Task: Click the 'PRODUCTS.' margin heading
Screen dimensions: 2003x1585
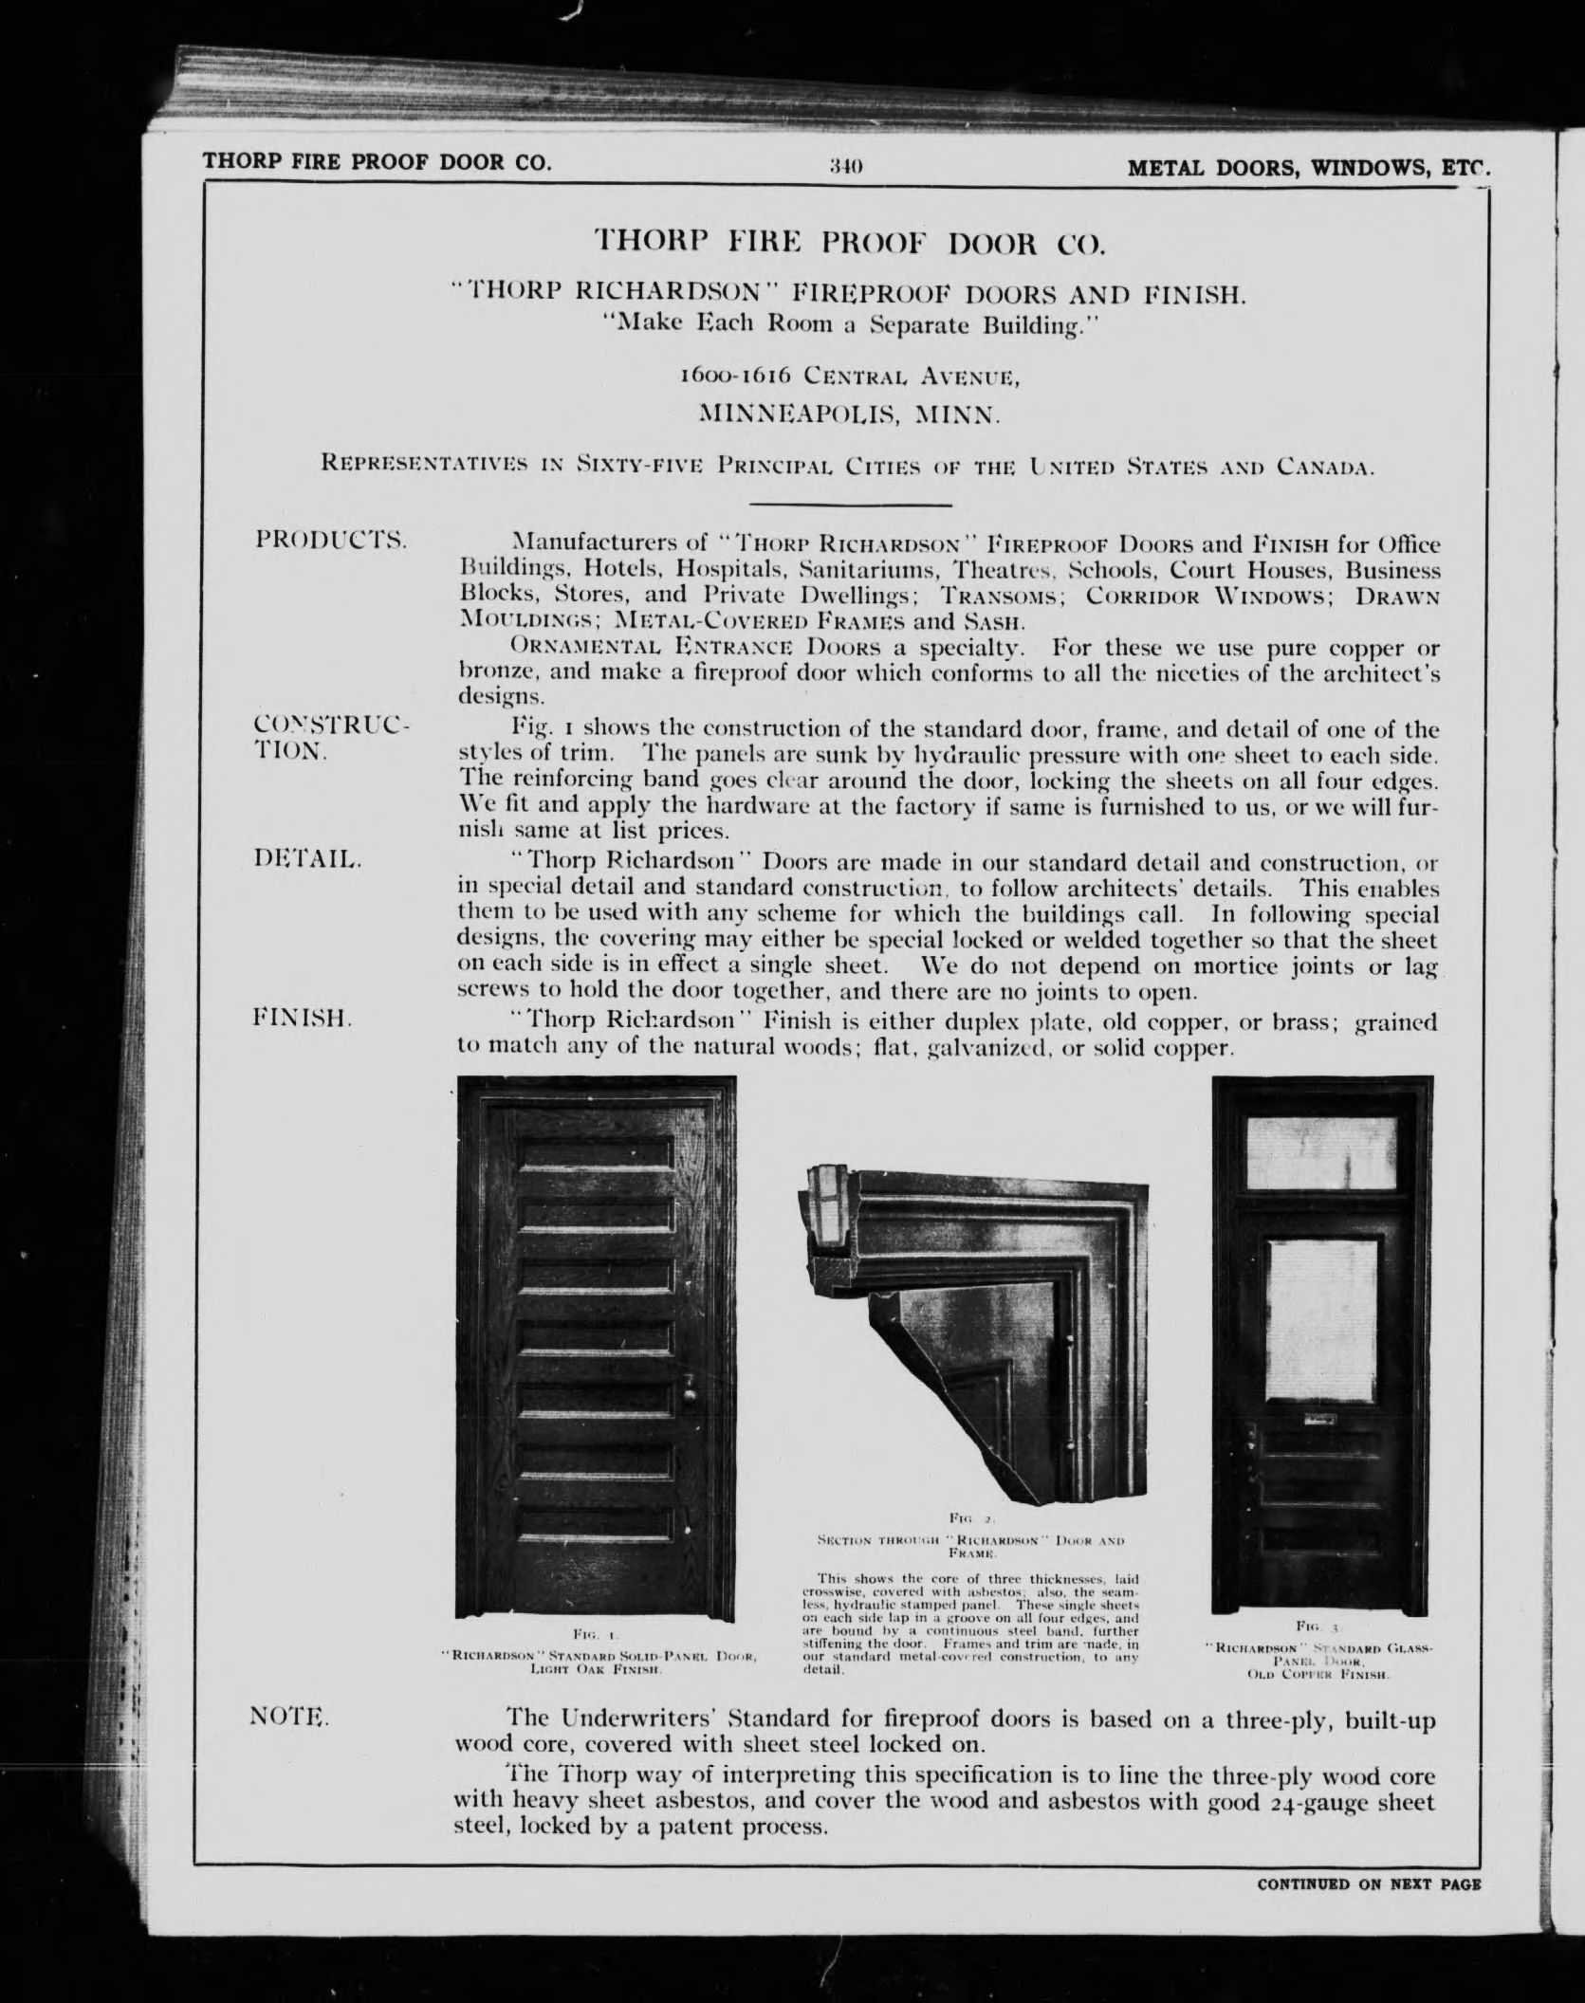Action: coord(331,542)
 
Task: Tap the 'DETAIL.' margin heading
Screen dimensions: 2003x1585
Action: coord(308,860)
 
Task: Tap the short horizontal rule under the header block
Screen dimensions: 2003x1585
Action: coord(850,504)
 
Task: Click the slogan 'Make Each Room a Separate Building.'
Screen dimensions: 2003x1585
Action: coord(850,325)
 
